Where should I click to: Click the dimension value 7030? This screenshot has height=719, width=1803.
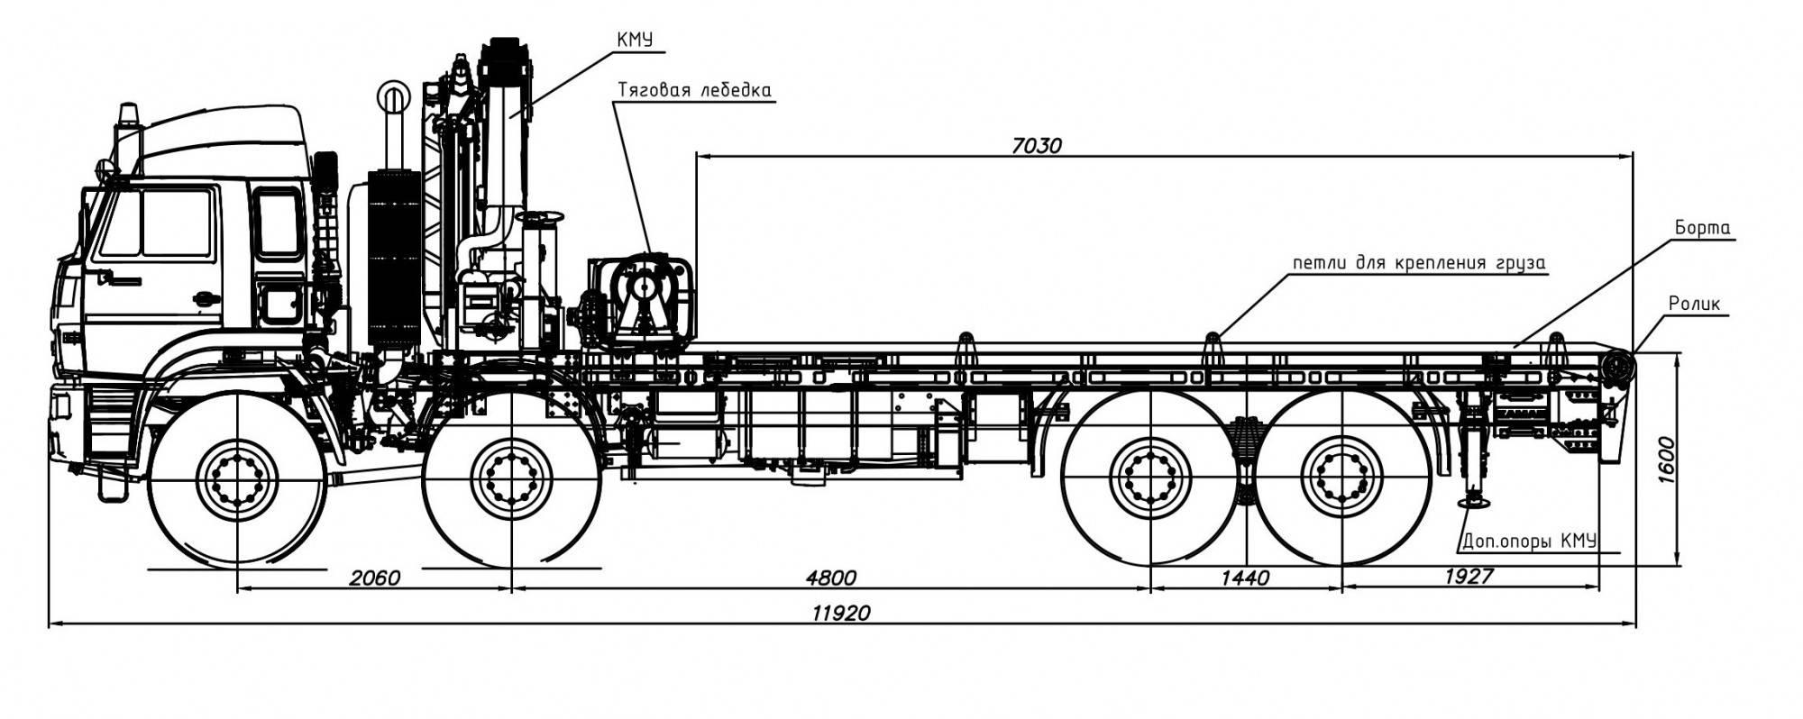coord(1037,144)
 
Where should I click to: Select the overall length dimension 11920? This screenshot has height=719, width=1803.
coord(841,614)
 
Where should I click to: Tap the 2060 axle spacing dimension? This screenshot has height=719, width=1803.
coord(373,578)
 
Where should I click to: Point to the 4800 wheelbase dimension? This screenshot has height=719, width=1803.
coord(830,578)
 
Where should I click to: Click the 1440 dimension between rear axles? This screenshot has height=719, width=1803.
coord(1245,578)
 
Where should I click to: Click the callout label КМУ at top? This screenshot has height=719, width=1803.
coord(635,40)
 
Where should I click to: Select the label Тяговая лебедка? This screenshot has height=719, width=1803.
coord(694,90)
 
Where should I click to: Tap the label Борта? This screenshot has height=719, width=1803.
coord(1703,228)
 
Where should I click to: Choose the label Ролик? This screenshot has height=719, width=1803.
coord(1694,304)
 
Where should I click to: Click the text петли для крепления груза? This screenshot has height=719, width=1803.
coord(1419,263)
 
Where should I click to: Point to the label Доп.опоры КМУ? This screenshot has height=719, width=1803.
coord(1529,541)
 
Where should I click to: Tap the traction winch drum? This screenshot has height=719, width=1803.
coord(644,288)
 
